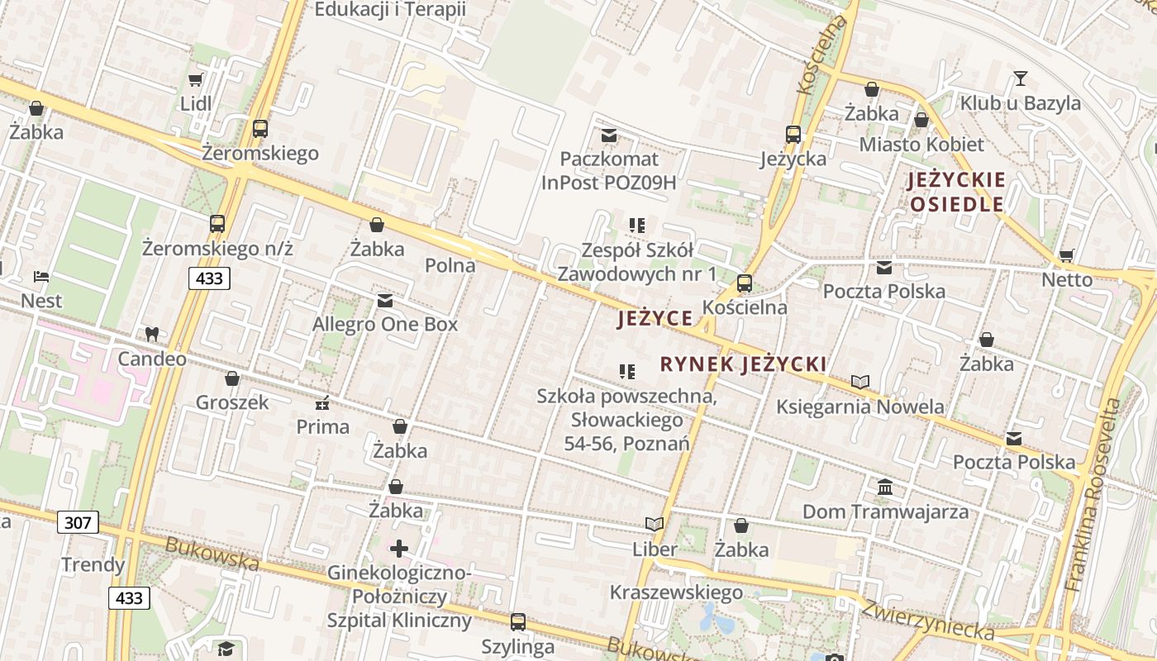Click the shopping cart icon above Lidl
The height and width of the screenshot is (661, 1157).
[195, 80]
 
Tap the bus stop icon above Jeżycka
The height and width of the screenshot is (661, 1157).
[793, 134]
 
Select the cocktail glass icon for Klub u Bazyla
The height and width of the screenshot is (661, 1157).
[1021, 78]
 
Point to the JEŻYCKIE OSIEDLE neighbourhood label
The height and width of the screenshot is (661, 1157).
[956, 192]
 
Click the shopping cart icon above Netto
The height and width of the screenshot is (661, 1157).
[1067, 255]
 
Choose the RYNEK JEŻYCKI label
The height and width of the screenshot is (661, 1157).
[744, 364]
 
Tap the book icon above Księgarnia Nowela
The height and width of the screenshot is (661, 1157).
[860, 382]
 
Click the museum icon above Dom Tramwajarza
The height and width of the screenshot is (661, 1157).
[885, 487]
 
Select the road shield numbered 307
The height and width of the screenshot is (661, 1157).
[79, 522]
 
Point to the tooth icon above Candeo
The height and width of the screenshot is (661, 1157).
[151, 335]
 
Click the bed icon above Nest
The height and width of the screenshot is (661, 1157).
[41, 276]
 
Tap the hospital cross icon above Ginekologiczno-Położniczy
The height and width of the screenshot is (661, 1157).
[399, 548]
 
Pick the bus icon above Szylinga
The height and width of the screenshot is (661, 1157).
[518, 621]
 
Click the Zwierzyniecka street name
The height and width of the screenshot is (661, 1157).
[927, 619]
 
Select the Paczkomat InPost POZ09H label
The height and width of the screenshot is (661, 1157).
[608, 170]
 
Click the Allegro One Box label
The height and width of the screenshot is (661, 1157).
[384, 325]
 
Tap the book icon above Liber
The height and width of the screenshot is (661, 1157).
[655, 524]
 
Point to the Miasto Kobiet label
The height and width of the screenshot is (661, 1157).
[921, 145]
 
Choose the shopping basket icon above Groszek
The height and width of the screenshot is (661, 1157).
[232, 378]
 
